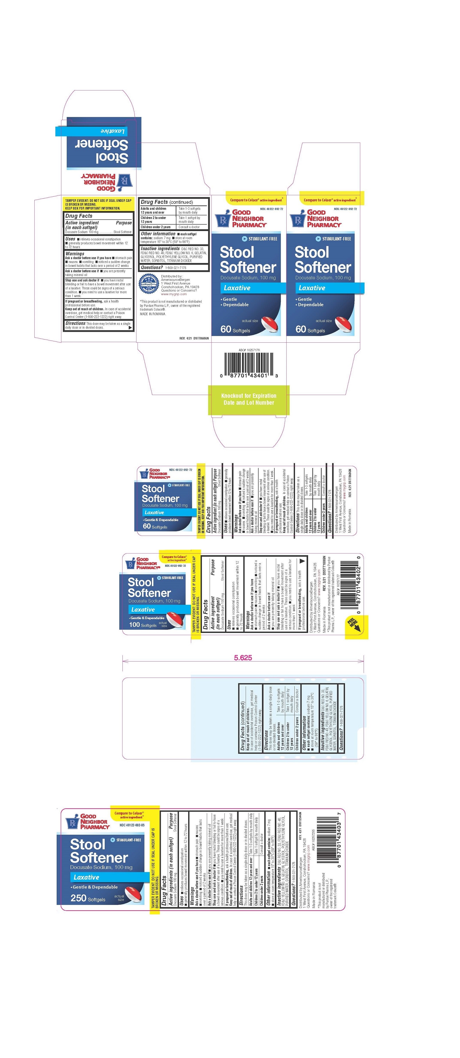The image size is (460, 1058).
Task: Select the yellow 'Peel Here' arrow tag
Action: click(355, 625)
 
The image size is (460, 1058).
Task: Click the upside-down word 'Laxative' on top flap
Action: click(112, 131)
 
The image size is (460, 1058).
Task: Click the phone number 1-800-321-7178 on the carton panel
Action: click(176, 268)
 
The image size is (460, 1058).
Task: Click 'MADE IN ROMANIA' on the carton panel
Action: click(153, 314)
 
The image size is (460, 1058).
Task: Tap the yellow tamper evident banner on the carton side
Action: click(98, 204)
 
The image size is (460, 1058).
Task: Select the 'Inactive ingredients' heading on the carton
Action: click(160, 248)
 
